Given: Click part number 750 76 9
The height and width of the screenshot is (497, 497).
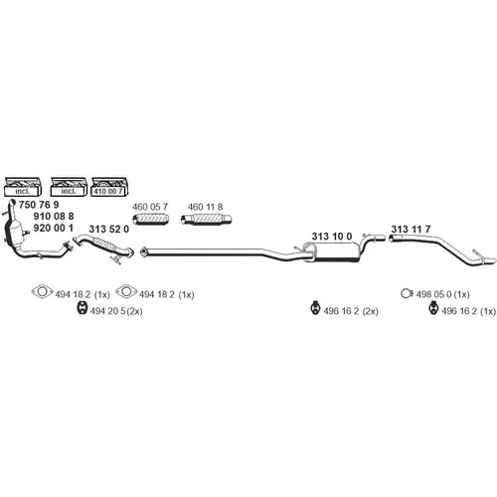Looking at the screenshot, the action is [39, 205].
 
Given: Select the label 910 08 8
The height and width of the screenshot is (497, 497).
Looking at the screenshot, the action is [54, 216].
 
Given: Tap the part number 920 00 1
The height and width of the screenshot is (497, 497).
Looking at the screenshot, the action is [54, 228].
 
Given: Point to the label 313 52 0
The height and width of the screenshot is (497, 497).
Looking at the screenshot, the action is [108, 229].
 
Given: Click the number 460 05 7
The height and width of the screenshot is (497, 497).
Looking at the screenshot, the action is [150, 207].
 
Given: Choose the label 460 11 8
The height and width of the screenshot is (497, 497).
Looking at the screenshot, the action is [205, 207].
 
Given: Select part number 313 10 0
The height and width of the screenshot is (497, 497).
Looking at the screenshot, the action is [332, 237].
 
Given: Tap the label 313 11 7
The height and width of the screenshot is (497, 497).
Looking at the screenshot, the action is [411, 229].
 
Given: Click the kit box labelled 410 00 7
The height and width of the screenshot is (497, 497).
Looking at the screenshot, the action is [109, 187].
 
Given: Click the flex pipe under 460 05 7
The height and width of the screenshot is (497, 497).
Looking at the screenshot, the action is [151, 219].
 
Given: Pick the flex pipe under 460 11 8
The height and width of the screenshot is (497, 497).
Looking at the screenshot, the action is [206, 219].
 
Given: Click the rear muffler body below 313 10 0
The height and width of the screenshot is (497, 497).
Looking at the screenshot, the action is [334, 252].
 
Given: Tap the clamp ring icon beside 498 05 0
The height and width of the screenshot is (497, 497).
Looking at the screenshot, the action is [407, 293].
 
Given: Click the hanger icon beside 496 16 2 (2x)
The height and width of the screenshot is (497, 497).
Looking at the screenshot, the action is [316, 308].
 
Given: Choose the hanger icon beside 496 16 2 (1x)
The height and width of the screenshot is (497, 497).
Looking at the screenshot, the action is [433, 308].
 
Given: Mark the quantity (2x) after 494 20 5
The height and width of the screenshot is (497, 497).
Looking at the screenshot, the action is [134, 311].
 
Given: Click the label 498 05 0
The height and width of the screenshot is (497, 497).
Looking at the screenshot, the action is [433, 294].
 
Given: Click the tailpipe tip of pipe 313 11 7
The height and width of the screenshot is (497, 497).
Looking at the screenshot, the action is [490, 260].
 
